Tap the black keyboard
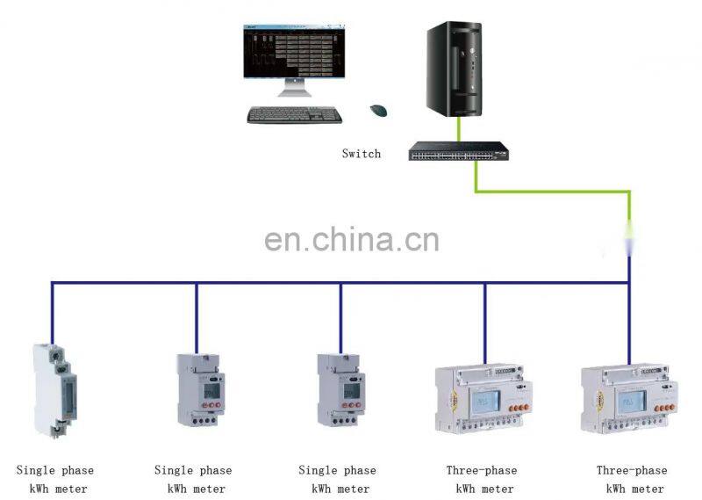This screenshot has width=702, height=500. point(295,114)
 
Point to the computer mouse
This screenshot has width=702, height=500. point(379,111)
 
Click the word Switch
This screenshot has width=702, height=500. point(362,154)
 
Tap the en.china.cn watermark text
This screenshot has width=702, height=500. point(352,239)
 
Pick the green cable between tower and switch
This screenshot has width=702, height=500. point(457,128)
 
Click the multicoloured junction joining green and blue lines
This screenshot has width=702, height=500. point(629,238)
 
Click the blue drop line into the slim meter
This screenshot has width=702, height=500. point(52,312)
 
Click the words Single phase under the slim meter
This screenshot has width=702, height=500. point(54,470)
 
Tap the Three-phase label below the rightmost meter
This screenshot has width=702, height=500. point(632,470)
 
